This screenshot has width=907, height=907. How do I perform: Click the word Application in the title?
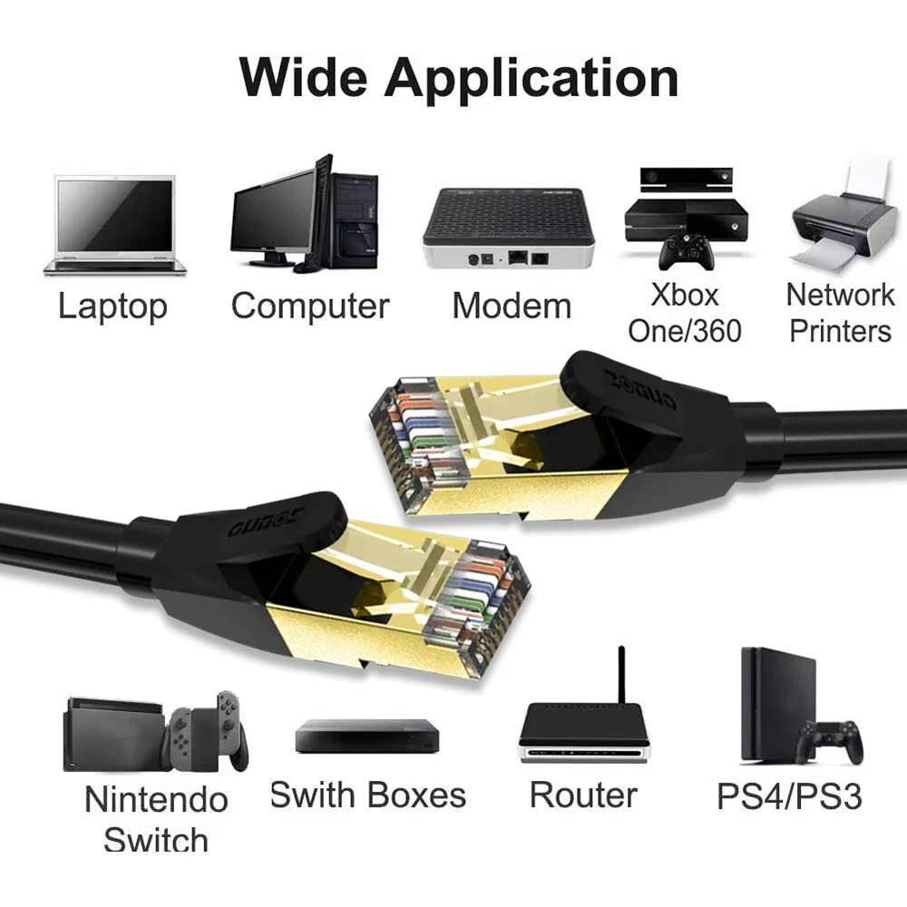(532, 78)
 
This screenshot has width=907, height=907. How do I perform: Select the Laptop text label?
(112, 307)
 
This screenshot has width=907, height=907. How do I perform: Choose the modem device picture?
(508, 227)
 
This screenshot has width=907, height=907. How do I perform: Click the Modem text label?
(512, 307)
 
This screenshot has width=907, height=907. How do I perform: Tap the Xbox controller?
(686, 252)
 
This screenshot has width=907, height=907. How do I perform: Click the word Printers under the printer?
(840, 331)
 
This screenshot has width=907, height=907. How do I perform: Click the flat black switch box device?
(366, 736)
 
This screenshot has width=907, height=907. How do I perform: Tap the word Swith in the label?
(313, 795)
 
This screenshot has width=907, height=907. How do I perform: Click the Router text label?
(583, 795)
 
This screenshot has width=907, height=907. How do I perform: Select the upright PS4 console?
(776, 704)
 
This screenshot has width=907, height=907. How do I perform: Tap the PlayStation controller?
(829, 741)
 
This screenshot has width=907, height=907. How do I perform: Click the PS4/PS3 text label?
(789, 796)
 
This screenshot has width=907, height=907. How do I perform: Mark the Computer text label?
(310, 307)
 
